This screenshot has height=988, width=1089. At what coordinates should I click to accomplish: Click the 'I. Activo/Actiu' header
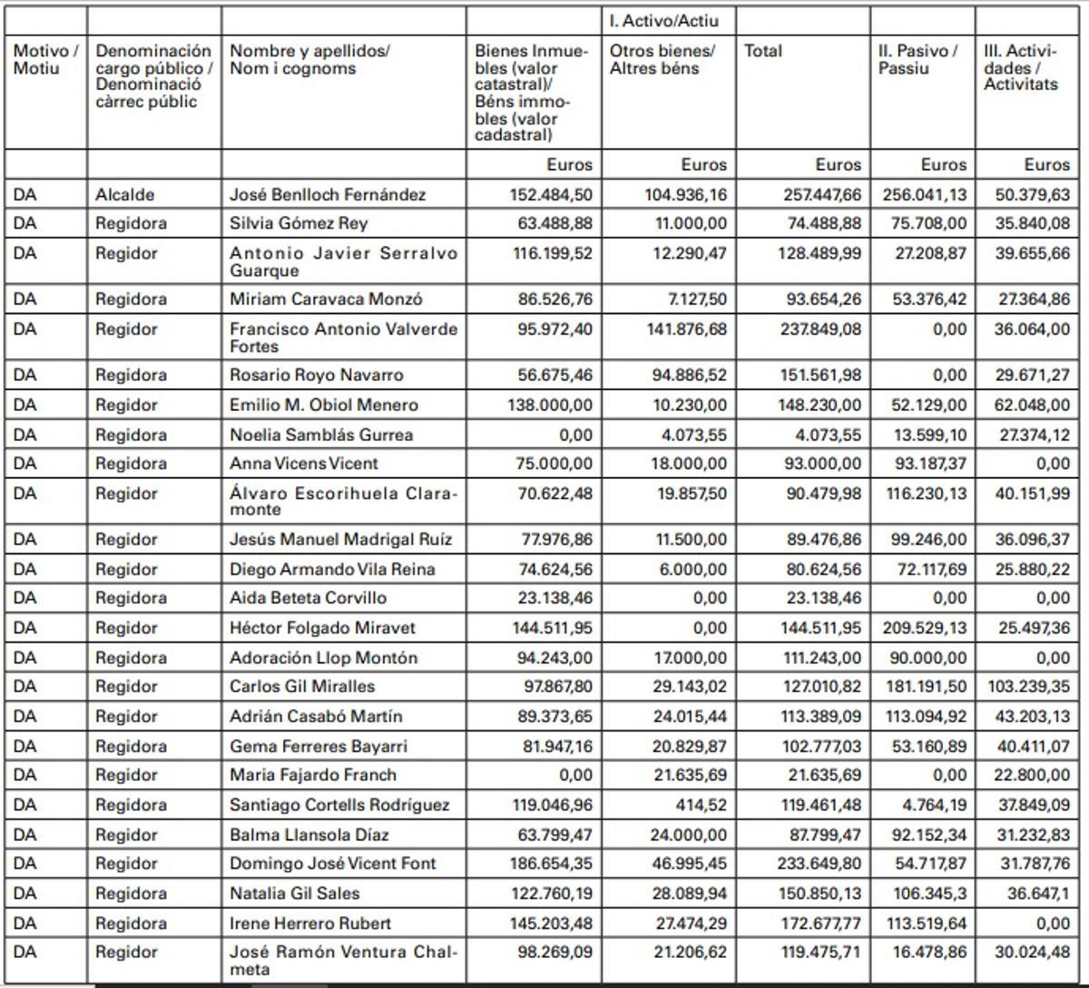pyautogui.click(x=664, y=21)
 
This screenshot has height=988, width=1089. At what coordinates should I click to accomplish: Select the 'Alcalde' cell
pyautogui.click(x=125, y=194)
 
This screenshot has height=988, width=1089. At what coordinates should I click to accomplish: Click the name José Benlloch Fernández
pyautogui.click(x=328, y=194)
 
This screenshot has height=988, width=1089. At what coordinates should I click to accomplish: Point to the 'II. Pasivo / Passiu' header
pyautogui.click(x=917, y=60)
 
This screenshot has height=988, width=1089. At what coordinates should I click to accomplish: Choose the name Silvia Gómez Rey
pyautogui.click(x=299, y=223)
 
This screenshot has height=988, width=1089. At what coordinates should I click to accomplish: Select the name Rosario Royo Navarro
pyautogui.click(x=317, y=375)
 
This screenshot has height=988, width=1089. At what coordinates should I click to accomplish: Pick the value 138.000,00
pyautogui.click(x=550, y=405)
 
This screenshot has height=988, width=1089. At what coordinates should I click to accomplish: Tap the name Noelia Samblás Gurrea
pyautogui.click(x=321, y=435)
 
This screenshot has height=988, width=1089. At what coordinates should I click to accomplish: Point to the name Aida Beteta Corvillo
pyautogui.click(x=308, y=598)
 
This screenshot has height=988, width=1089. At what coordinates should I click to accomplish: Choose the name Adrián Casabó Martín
pyautogui.click(x=316, y=717)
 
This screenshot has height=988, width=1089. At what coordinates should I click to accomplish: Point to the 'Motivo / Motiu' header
pyautogui.click(x=45, y=60)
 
